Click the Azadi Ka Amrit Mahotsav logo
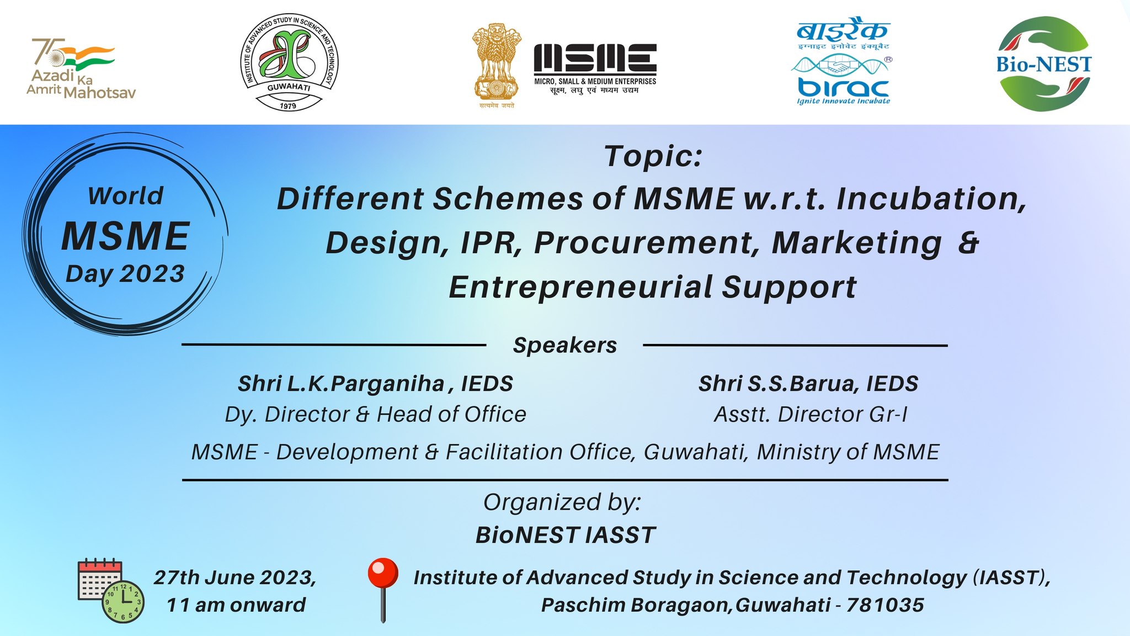point(81,68)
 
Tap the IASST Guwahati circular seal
point(289,62)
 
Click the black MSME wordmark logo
point(595,68)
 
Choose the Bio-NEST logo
point(1044,63)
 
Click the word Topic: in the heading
point(653,156)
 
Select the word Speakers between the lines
point(565,345)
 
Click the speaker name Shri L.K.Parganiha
point(341,384)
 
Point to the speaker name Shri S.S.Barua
point(777,384)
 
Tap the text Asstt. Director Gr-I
point(811,414)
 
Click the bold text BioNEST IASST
point(566,535)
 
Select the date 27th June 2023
point(234,577)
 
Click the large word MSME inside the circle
point(126,236)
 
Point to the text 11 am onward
point(236,605)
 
